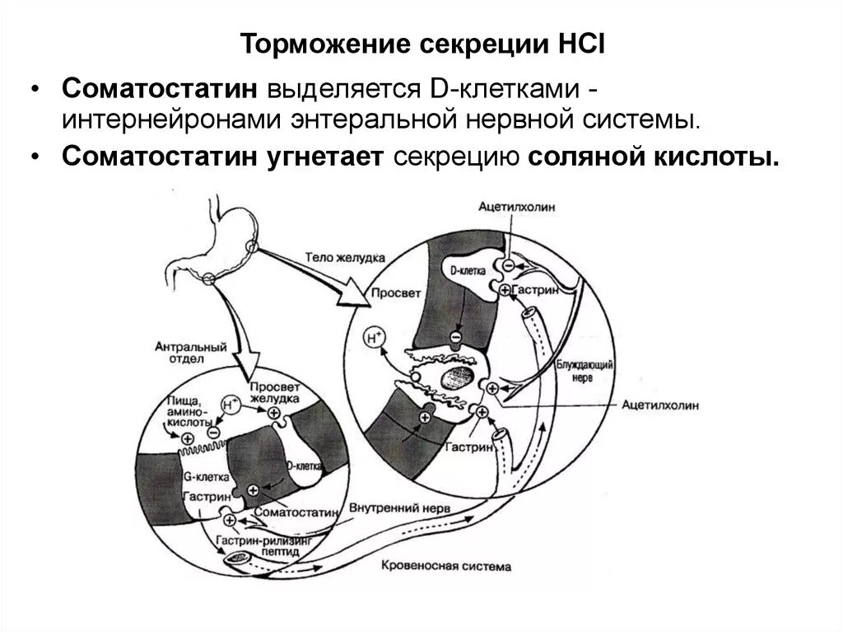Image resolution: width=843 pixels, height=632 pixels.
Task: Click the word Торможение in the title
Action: pos(306,44)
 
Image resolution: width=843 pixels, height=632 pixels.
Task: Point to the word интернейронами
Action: pos(169,119)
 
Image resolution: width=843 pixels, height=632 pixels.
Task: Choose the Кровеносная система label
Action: pos(445,567)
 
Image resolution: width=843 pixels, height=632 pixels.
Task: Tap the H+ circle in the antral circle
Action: pos(231,405)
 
